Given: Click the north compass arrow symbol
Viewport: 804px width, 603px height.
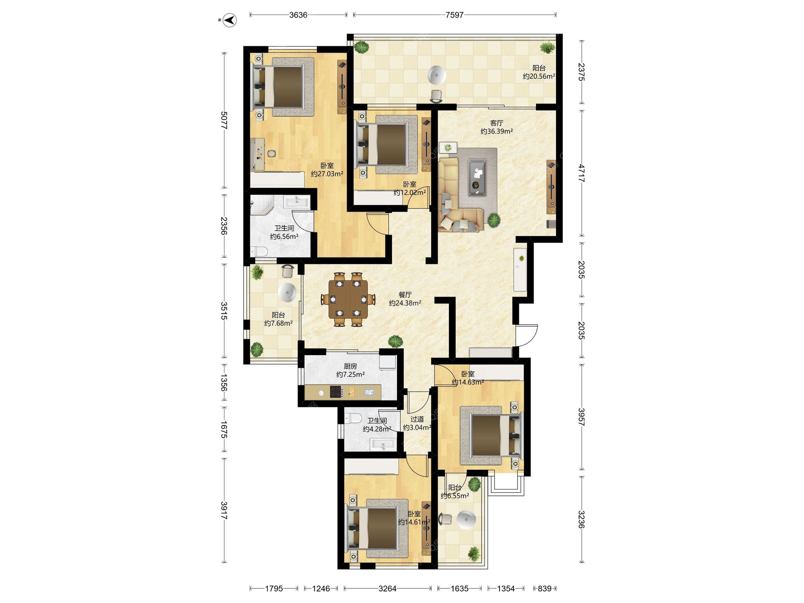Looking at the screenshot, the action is (229, 20).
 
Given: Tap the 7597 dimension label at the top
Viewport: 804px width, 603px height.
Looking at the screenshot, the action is (454, 15).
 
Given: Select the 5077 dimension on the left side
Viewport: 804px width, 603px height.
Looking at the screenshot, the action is (224, 120).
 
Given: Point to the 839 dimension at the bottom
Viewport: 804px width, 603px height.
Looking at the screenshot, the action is (544, 588).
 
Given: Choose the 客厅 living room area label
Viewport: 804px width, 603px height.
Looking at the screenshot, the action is (497, 127).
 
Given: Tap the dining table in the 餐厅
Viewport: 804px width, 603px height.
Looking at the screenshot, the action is (348, 299).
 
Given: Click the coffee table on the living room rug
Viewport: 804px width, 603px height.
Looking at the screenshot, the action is (477, 177).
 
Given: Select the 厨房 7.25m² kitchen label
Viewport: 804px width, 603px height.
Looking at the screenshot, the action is (350, 370).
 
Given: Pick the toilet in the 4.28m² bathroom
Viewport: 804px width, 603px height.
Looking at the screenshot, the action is (353, 418).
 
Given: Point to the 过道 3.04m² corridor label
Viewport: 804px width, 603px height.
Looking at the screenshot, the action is (417, 423).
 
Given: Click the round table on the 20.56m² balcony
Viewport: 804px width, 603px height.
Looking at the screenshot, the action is (437, 75).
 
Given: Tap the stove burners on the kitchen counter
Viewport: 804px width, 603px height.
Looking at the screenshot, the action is (336, 392).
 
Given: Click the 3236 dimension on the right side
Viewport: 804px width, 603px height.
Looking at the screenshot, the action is (581, 519).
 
